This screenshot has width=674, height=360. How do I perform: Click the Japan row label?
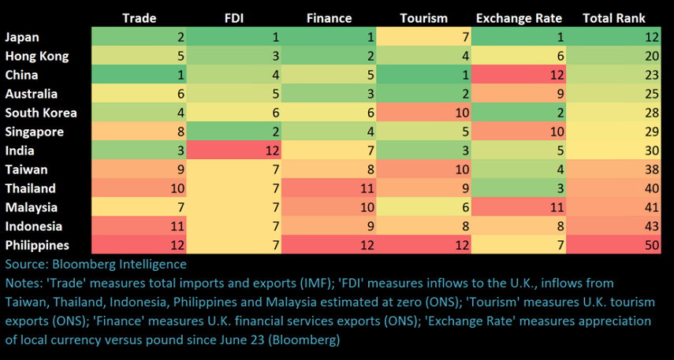click(22, 37)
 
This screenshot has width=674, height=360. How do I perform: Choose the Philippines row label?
click(36, 245)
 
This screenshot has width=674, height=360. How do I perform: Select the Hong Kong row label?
click(37, 56)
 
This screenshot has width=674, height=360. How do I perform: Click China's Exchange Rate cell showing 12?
click(520, 75)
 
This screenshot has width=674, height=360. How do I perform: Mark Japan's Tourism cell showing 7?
click(425, 37)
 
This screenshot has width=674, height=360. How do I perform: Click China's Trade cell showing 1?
click(140, 75)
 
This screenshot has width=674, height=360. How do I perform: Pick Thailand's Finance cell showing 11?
click(330, 188)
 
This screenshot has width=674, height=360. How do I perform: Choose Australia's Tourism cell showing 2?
click(425, 94)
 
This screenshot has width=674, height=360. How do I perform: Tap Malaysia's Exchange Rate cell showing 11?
click(520, 207)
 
